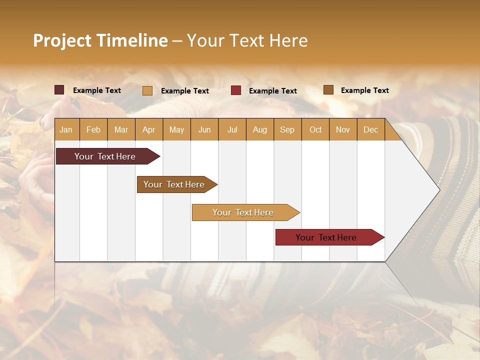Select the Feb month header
tap(93, 129)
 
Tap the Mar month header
tap(121, 129)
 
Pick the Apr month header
tap(149, 129)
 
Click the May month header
tap(176, 129)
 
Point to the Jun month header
tap(204, 129)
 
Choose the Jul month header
tap(232, 129)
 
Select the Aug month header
tap(260, 129)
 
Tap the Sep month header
tap(287, 129)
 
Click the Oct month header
tap(315, 129)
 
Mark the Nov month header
tap(343, 129)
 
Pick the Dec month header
tap(370, 129)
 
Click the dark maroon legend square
tap(59, 90)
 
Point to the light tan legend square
tap(147, 90)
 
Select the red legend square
tap(236, 90)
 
